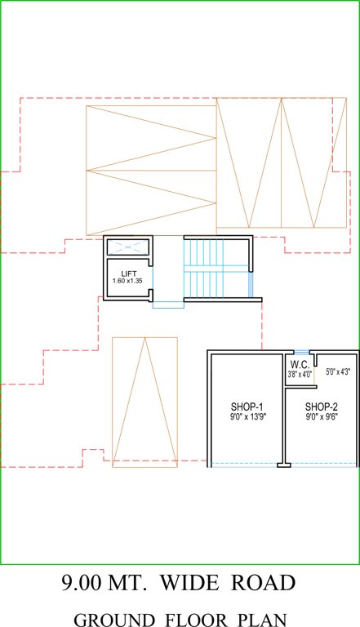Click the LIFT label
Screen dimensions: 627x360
point(129,273)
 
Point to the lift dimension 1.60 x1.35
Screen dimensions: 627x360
point(127,282)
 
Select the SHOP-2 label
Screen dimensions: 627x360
point(322,407)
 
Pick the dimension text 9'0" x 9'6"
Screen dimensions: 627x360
point(322,416)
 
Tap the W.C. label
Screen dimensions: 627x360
point(299,364)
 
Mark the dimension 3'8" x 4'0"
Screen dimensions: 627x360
point(300,375)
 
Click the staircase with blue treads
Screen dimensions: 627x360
point(216,269)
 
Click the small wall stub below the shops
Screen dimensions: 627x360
point(283,465)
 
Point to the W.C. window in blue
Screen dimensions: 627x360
point(300,352)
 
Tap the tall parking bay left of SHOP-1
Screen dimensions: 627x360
point(144,402)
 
